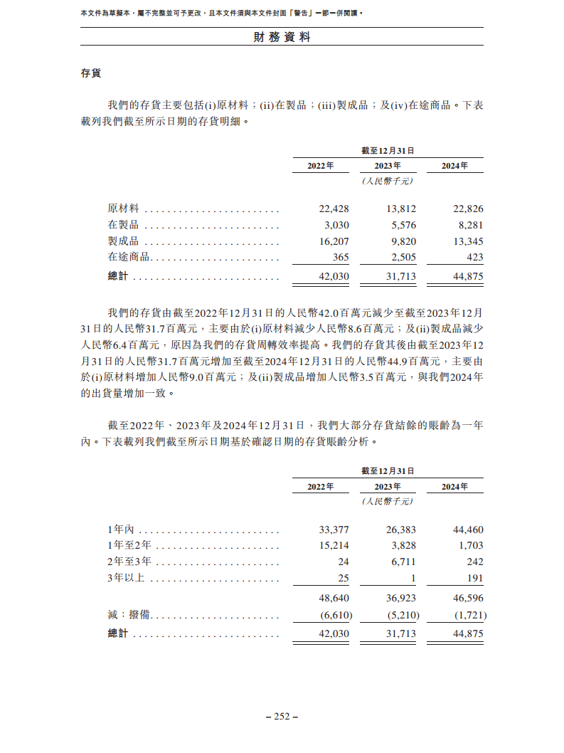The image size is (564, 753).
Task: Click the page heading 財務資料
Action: tap(282, 37)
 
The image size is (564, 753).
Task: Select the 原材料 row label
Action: tap(123, 209)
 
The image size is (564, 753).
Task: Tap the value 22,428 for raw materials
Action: tap(334, 209)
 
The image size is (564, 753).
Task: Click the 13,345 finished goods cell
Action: tap(468, 241)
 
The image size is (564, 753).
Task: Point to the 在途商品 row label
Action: tap(128, 258)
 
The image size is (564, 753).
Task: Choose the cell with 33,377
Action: tap(334, 530)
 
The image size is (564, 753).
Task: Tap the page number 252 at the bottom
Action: tap(282, 717)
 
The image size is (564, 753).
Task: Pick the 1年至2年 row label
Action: tap(129, 546)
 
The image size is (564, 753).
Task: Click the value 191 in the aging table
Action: tap(475, 579)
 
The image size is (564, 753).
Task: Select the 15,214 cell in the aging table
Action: tap(334, 546)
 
